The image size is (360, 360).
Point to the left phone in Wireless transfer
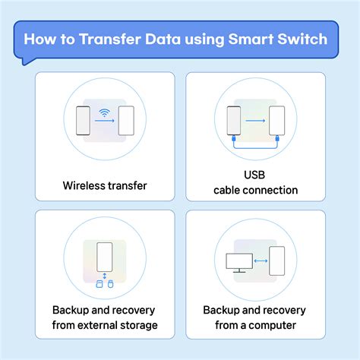(84, 121)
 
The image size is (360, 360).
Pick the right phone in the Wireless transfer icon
(126, 121)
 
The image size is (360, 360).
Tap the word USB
(256, 175)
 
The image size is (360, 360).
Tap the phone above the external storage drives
(105, 261)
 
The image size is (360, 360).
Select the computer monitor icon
(239, 263)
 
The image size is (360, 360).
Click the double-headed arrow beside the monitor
(260, 261)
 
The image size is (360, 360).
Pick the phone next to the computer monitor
(277, 261)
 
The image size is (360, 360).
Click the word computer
(278, 326)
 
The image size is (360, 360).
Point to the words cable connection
(256, 190)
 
